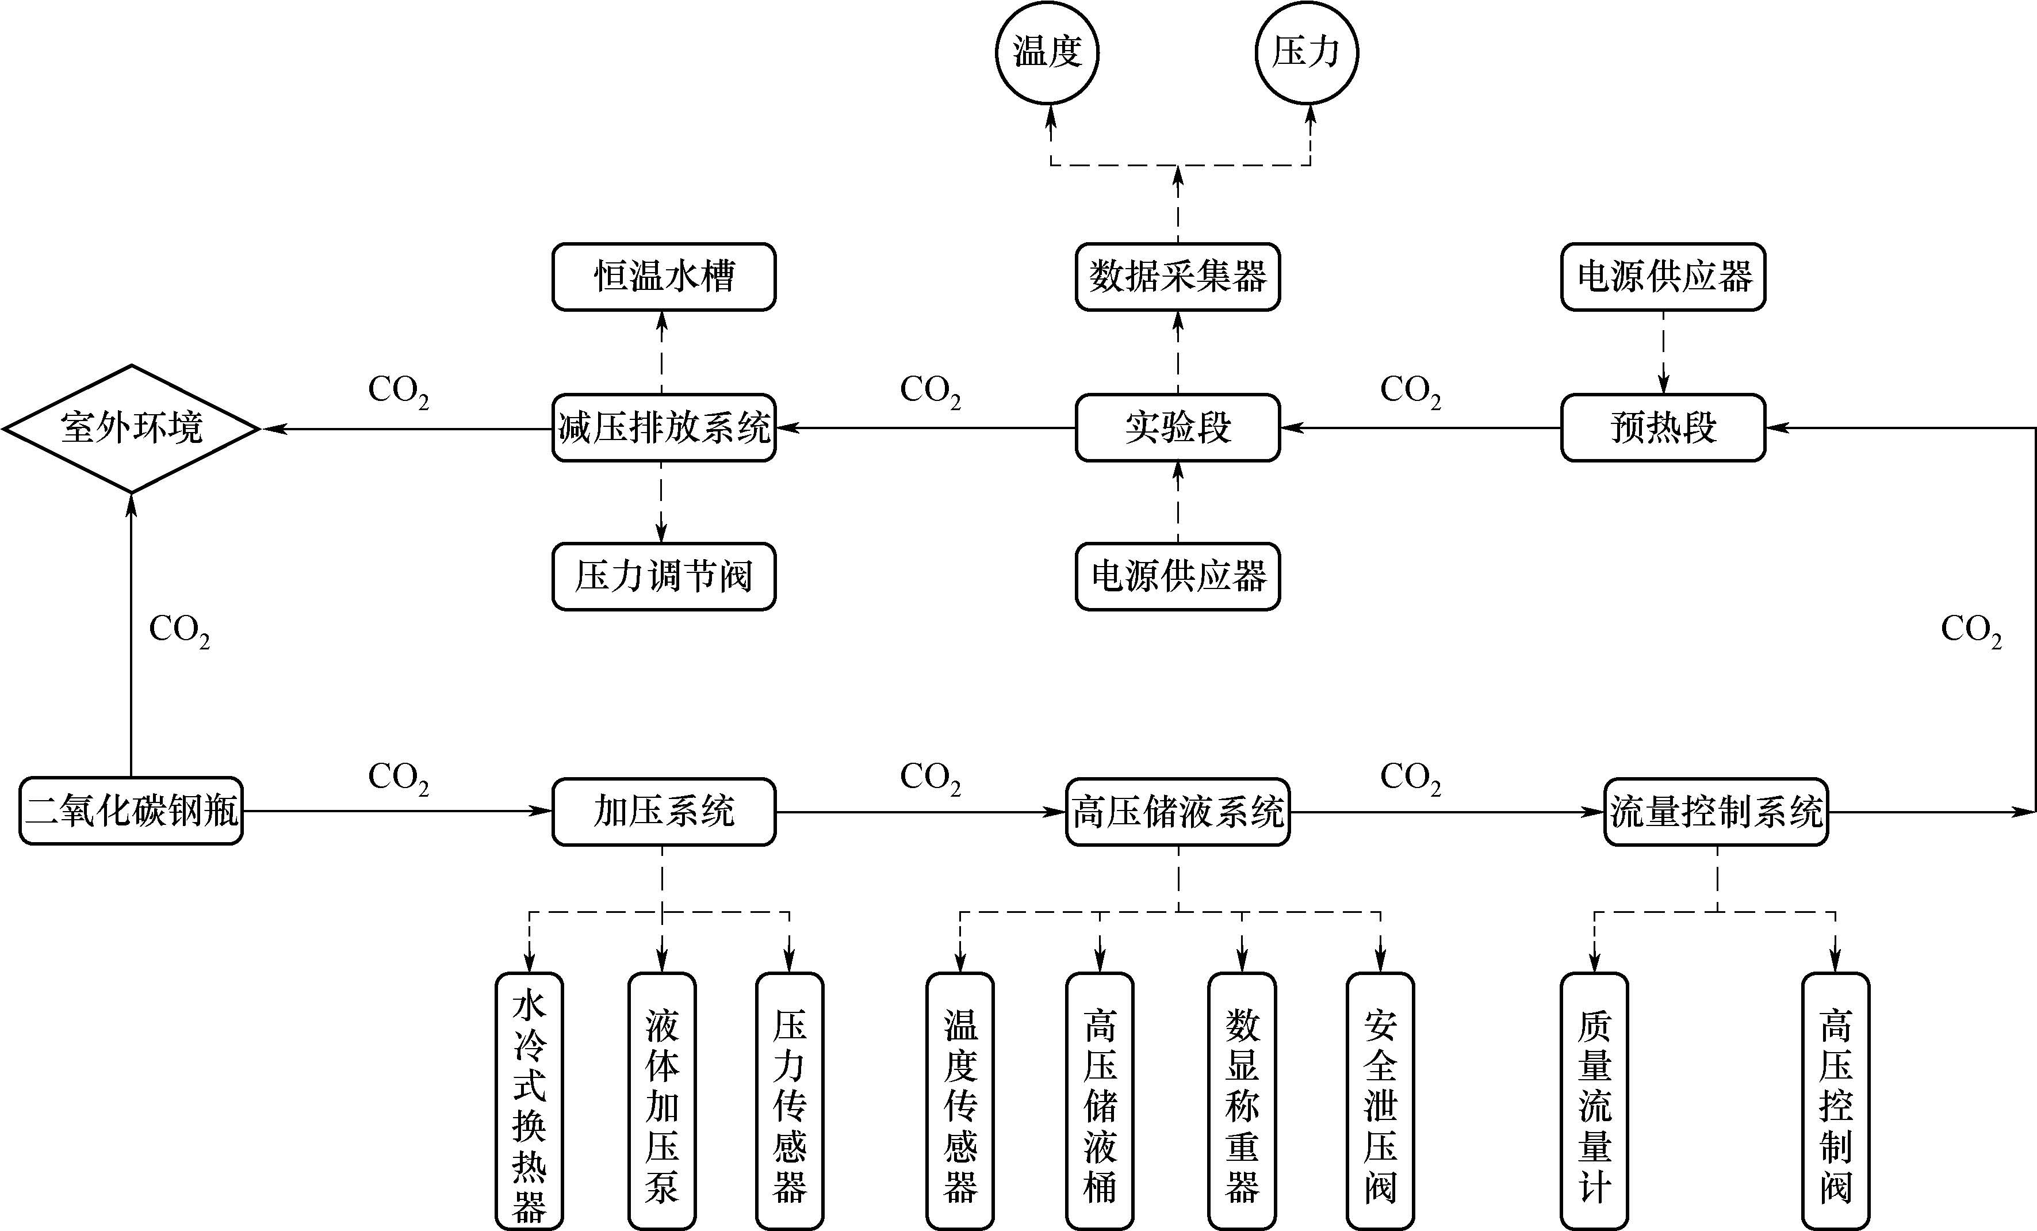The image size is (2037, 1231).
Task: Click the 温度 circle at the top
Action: pyautogui.click(x=1047, y=52)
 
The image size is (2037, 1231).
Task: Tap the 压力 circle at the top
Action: pyautogui.click(x=1306, y=52)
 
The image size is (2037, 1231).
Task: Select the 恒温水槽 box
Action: pyautogui.click(x=664, y=277)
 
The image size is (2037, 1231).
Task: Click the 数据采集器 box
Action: pyautogui.click(x=1177, y=277)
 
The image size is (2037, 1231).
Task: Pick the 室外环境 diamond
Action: pyautogui.click(x=132, y=428)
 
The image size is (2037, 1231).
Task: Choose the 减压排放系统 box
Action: pyautogui.click(x=664, y=428)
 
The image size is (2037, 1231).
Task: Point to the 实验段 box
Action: pyautogui.click(x=1177, y=428)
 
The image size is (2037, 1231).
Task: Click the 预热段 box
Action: pyautogui.click(x=1663, y=428)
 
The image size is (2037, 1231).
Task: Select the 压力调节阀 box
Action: pyautogui.click(x=664, y=577)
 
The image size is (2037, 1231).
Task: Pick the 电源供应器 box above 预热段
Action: pyautogui.click(x=1663, y=277)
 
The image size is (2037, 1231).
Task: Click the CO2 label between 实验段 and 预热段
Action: pyautogui.click(x=1410, y=392)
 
